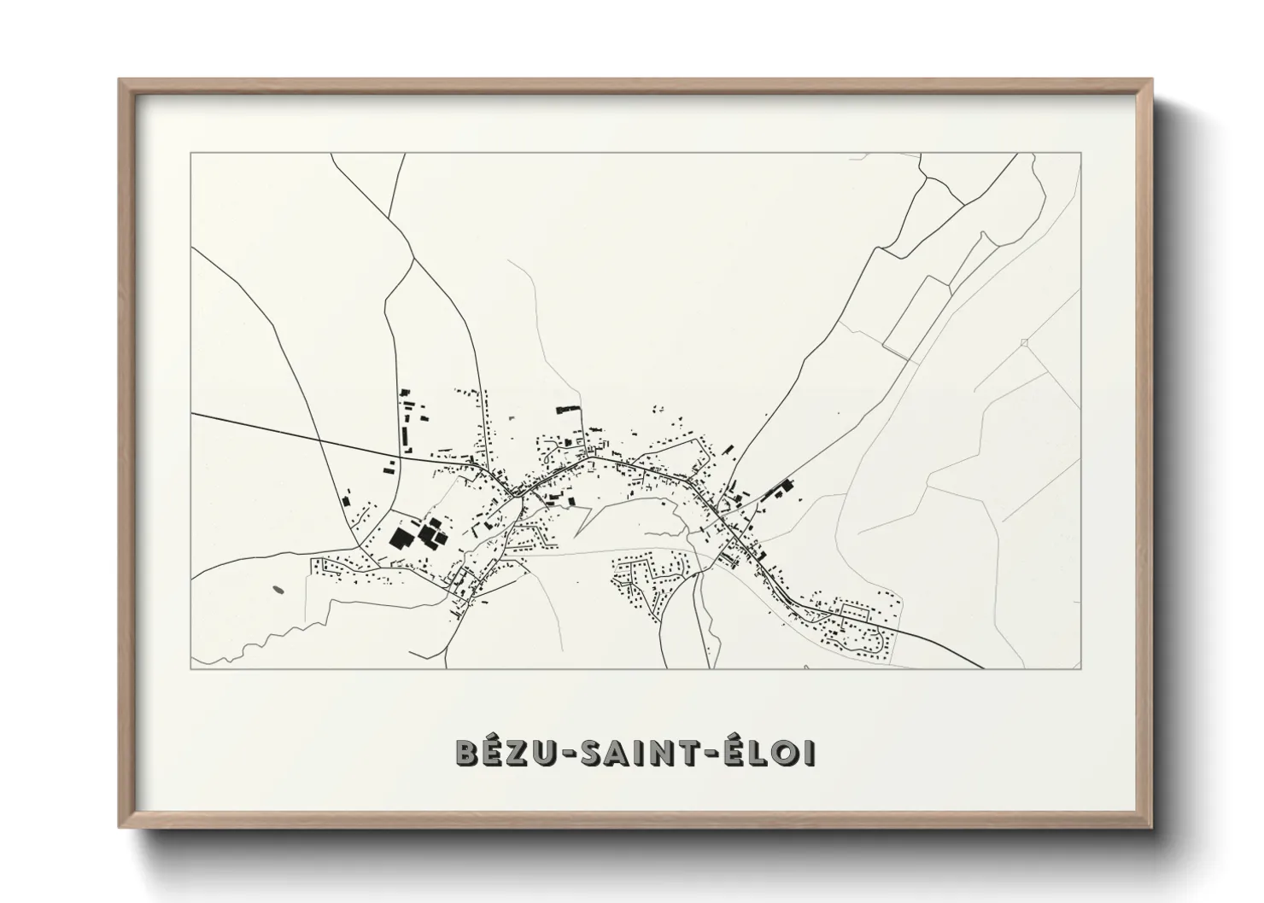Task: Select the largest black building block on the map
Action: click(x=400, y=538)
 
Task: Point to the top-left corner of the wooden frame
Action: click(x=120, y=80)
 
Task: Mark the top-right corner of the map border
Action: click(x=1081, y=153)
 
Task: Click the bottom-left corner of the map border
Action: click(x=191, y=668)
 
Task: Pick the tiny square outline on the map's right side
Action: click(x=1024, y=343)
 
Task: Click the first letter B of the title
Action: click(x=466, y=753)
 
